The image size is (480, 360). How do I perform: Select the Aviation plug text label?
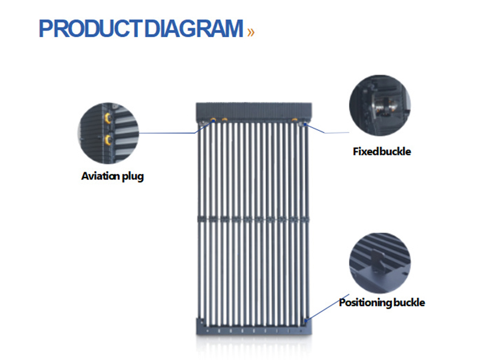click(x=112, y=176)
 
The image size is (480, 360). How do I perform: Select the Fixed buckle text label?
click(x=382, y=151)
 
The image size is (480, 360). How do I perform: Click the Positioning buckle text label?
click(x=382, y=302)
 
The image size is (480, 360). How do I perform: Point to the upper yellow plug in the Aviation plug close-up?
click(x=108, y=118)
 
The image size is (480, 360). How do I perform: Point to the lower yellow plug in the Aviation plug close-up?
click(x=109, y=140)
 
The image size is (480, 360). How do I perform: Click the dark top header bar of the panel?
click(x=256, y=111)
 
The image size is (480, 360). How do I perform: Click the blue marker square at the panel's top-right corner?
click(x=306, y=124)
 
